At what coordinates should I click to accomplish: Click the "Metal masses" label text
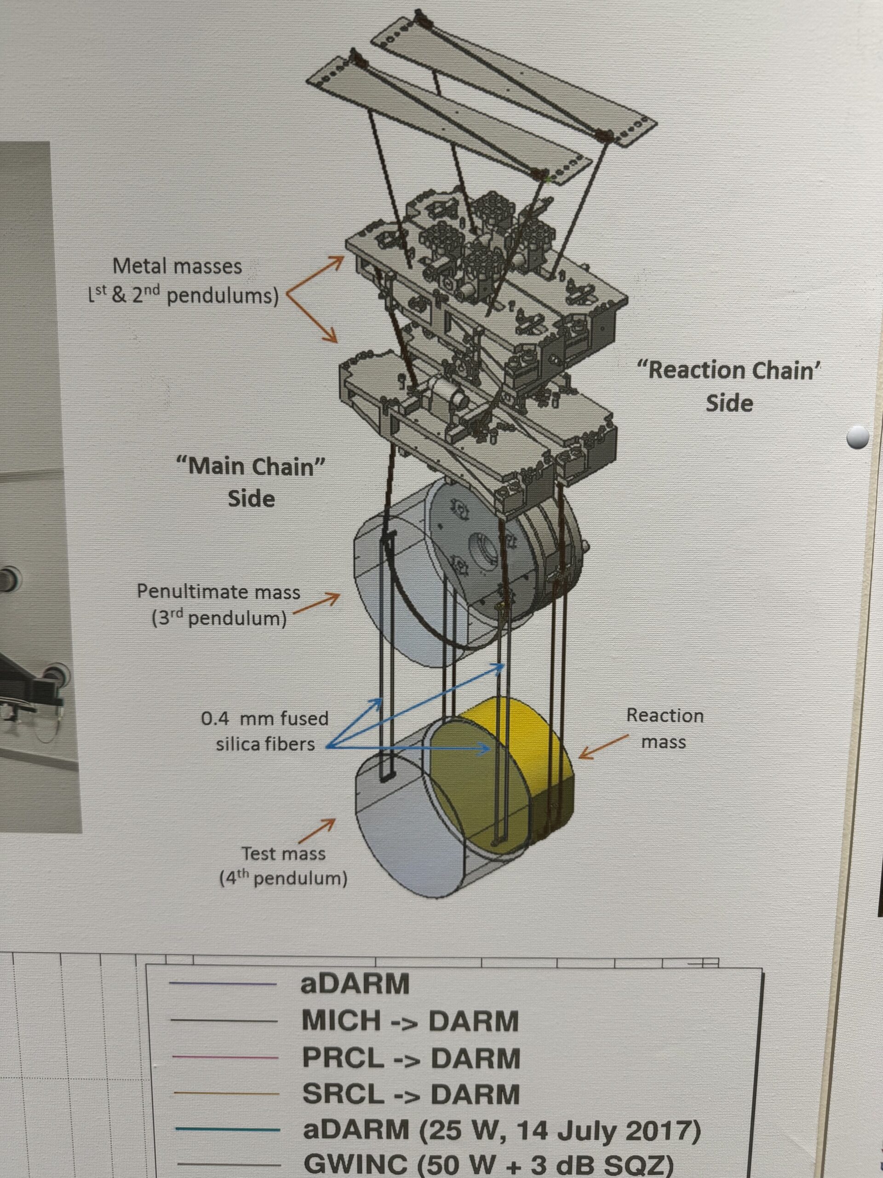[x=177, y=266]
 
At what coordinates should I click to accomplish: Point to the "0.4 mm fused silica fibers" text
[x=265, y=731]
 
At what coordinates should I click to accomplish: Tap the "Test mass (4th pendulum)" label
[x=283, y=866]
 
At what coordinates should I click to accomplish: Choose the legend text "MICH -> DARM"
[x=410, y=1021]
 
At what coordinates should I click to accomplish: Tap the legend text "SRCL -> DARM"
[x=411, y=1094]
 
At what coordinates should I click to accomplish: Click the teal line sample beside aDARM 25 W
[x=226, y=1130]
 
